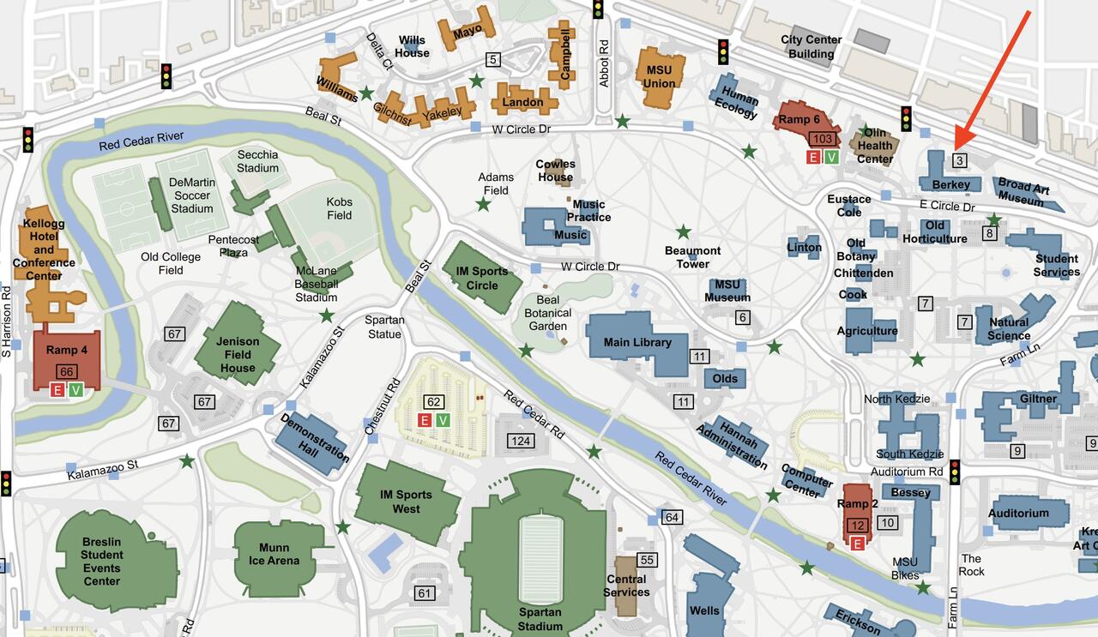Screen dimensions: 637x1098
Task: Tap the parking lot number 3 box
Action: click(x=960, y=160)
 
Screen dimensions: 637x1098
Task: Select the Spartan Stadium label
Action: click(x=540, y=619)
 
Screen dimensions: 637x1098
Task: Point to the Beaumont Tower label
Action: click(x=692, y=257)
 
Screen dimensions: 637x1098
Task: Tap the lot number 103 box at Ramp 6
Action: click(x=822, y=139)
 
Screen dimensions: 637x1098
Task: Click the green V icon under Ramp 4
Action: click(x=76, y=390)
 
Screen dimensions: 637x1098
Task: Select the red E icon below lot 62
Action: click(x=424, y=419)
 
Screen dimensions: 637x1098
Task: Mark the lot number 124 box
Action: click(x=521, y=441)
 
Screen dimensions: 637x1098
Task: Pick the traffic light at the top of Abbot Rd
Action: click(x=598, y=9)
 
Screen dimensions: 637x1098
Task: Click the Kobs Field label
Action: click(x=339, y=208)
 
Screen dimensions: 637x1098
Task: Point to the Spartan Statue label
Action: click(x=384, y=327)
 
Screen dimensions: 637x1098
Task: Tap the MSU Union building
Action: click(x=659, y=76)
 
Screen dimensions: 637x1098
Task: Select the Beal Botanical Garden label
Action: click(x=547, y=313)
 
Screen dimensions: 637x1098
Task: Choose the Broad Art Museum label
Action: click(x=1024, y=192)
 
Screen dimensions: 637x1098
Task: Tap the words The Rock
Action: click(x=971, y=565)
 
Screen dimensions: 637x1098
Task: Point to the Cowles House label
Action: click(x=555, y=171)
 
